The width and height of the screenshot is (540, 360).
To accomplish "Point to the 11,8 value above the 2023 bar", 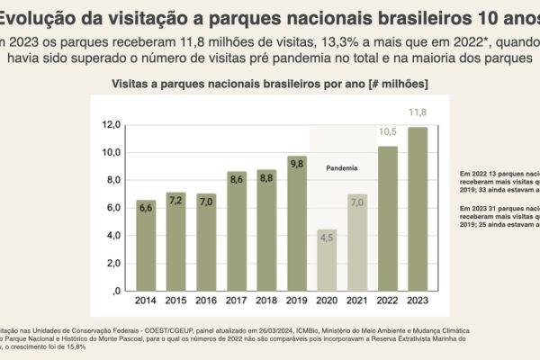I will (x=418, y=112).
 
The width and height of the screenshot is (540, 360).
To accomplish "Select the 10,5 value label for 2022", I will (x=388, y=131).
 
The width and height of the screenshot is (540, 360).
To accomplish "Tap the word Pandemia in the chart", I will (x=342, y=168).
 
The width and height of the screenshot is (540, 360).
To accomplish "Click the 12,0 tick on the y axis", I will (x=112, y=124).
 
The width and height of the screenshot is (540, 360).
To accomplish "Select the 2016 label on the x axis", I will (x=206, y=300).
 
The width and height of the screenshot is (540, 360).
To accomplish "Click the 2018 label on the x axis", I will (x=266, y=300).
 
